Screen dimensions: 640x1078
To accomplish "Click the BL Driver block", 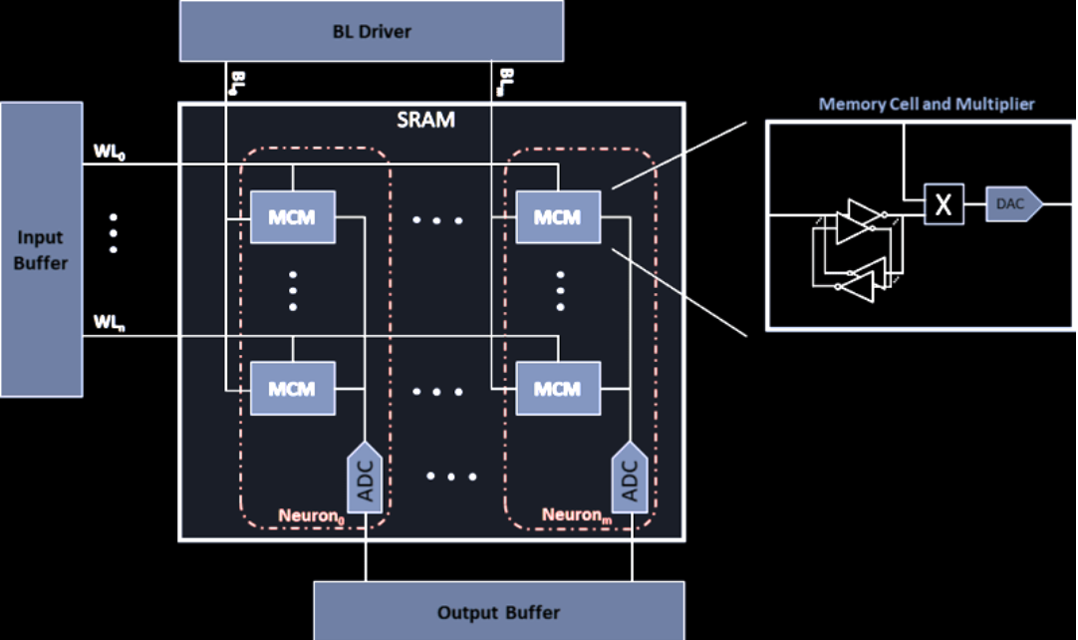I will (x=371, y=31).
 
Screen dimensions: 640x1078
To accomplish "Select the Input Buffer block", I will (x=41, y=248).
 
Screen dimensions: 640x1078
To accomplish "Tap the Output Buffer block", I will (x=498, y=611).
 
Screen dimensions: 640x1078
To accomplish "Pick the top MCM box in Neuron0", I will (x=293, y=216).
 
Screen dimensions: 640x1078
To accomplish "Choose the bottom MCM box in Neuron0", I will (x=293, y=388).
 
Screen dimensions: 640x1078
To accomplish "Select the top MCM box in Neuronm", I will (x=558, y=216).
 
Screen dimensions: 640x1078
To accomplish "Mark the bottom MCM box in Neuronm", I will (x=558, y=388).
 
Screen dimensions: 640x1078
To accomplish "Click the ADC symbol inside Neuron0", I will (x=365, y=479).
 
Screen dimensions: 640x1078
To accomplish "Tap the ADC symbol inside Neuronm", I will (x=630, y=479).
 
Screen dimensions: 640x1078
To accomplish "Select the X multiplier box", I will (x=943, y=205).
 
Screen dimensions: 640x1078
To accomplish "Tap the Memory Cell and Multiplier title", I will (x=926, y=104).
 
